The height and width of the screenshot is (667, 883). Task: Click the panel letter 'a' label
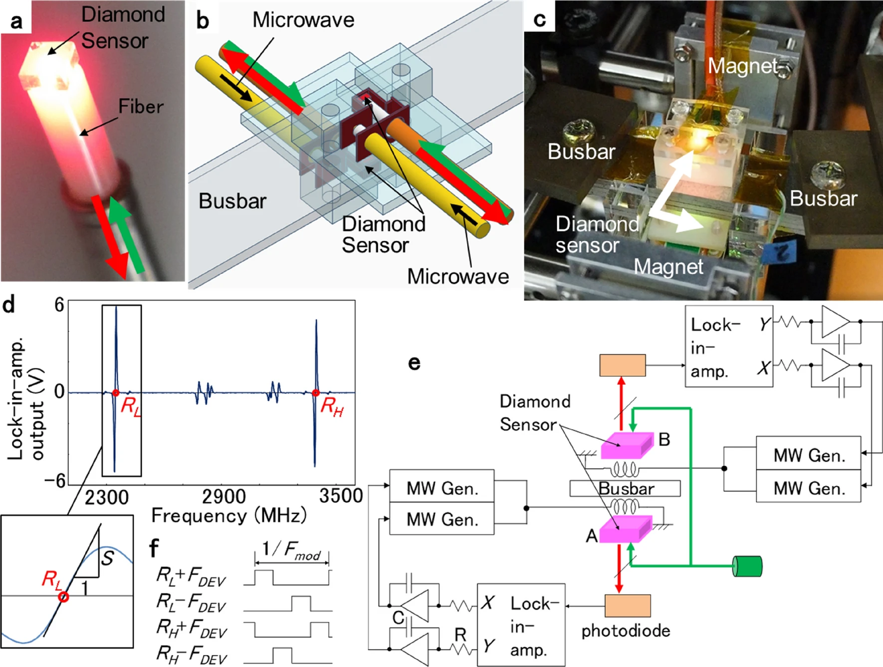pyautogui.click(x=16, y=21)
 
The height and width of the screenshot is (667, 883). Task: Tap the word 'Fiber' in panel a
pyautogui.click(x=141, y=107)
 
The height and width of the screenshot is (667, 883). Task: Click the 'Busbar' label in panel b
pyautogui.click(x=232, y=201)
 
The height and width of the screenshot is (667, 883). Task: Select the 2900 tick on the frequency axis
pyautogui.click(x=223, y=497)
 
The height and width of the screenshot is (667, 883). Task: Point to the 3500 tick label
pyautogui.click(x=341, y=496)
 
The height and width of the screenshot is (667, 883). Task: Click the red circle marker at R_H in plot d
pyautogui.click(x=315, y=393)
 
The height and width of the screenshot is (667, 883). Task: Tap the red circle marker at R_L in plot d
pyautogui.click(x=116, y=393)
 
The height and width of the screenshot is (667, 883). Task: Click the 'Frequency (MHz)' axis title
pyautogui.click(x=228, y=515)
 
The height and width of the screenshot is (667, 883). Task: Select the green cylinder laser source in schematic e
pyautogui.click(x=747, y=566)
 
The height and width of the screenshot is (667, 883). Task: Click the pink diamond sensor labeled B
pyautogui.click(x=627, y=445)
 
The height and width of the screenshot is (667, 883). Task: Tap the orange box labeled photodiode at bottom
pyautogui.click(x=627, y=606)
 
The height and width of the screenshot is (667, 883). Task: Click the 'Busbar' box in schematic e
pyautogui.click(x=625, y=489)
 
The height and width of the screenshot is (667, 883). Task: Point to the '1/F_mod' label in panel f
pyautogui.click(x=291, y=550)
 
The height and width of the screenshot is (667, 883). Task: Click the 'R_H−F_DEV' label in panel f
pyautogui.click(x=191, y=655)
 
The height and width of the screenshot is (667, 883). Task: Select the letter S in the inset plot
pyautogui.click(x=107, y=558)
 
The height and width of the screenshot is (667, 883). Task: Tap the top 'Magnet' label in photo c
pyautogui.click(x=742, y=66)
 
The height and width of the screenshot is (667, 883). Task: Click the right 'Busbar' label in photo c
pyautogui.click(x=823, y=198)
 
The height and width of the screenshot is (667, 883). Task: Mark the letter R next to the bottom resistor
pyautogui.click(x=460, y=635)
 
